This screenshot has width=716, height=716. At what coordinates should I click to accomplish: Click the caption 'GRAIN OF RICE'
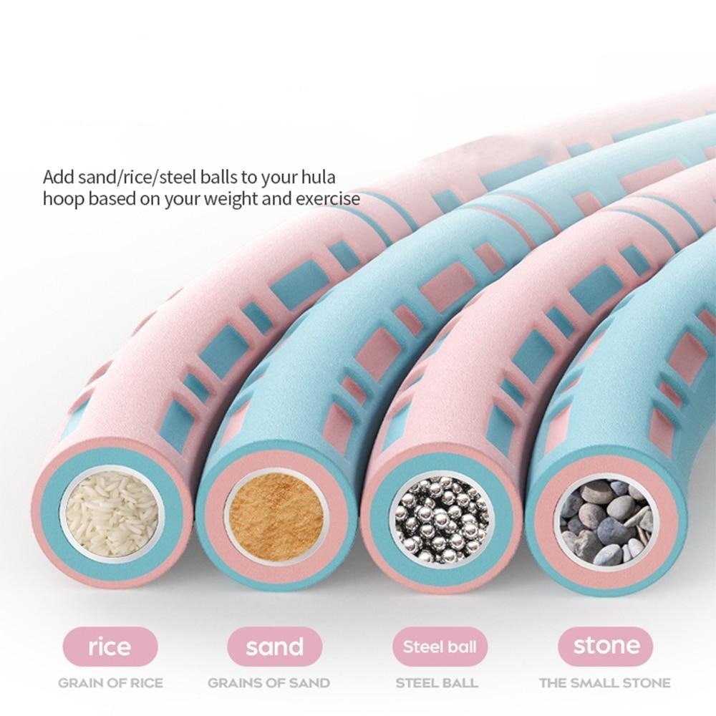pos(110,682)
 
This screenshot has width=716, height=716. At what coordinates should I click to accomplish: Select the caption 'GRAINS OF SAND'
pos(268,682)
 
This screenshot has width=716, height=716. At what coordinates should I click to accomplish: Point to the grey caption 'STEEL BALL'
pos(440,682)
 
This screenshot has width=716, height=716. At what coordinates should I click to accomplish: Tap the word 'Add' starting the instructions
pos(57,176)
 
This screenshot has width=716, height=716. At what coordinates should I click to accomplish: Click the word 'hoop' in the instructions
pos(61,198)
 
